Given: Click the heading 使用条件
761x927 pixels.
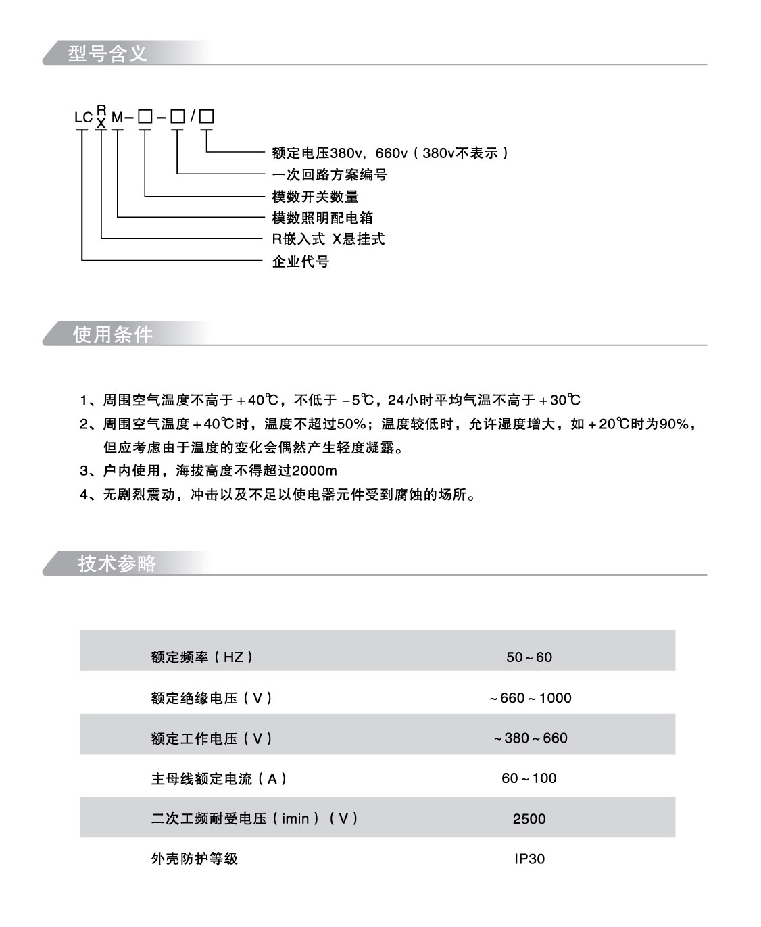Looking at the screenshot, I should coord(113,334).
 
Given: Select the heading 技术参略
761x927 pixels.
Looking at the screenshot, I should coord(118,563).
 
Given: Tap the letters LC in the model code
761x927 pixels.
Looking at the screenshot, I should coord(83,118).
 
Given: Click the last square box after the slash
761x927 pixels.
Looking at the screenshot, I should coord(206,117).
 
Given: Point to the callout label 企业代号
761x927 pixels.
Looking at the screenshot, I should coord(300,261).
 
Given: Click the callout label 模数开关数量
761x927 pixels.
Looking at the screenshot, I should coord(315,197).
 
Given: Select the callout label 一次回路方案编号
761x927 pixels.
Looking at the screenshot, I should coord(329,175).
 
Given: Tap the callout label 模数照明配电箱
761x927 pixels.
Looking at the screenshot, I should coord(322,218).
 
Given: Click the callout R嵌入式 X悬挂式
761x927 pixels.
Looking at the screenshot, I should coord(328,239).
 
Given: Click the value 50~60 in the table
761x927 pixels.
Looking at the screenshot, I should coord(529,657).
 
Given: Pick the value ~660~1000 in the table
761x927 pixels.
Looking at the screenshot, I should coord(531,697).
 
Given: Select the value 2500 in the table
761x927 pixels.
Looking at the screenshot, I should coord(529,819).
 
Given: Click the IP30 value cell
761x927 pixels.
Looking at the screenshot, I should coord(529,859).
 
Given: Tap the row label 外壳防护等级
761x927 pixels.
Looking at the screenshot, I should coord(195,859).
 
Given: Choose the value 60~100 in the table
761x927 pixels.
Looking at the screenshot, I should coord(529,778).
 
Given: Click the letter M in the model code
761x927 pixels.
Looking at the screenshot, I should coord(118,118).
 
